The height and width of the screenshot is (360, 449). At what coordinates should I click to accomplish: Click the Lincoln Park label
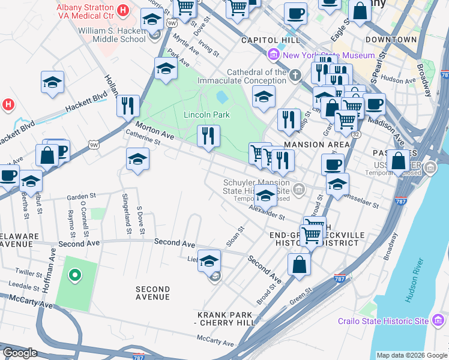(x=206, y=115)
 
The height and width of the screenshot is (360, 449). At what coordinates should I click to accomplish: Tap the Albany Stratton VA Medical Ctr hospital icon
(x=124, y=10)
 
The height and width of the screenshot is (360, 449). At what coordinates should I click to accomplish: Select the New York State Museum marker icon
(x=274, y=55)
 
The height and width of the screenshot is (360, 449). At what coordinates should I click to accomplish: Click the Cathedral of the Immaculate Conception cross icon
(x=294, y=76)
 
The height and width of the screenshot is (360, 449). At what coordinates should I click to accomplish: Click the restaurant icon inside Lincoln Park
(x=209, y=136)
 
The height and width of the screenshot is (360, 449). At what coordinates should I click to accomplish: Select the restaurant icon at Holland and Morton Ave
(x=128, y=106)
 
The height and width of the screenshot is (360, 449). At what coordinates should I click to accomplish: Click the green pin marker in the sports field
(x=74, y=275)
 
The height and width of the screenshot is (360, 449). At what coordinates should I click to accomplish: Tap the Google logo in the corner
(x=20, y=353)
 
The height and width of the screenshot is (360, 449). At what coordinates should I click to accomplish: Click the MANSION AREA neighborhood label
(x=316, y=145)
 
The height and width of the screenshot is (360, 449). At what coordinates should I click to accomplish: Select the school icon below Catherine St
(x=138, y=160)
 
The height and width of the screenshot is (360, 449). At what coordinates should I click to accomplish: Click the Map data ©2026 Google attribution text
(x=411, y=355)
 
